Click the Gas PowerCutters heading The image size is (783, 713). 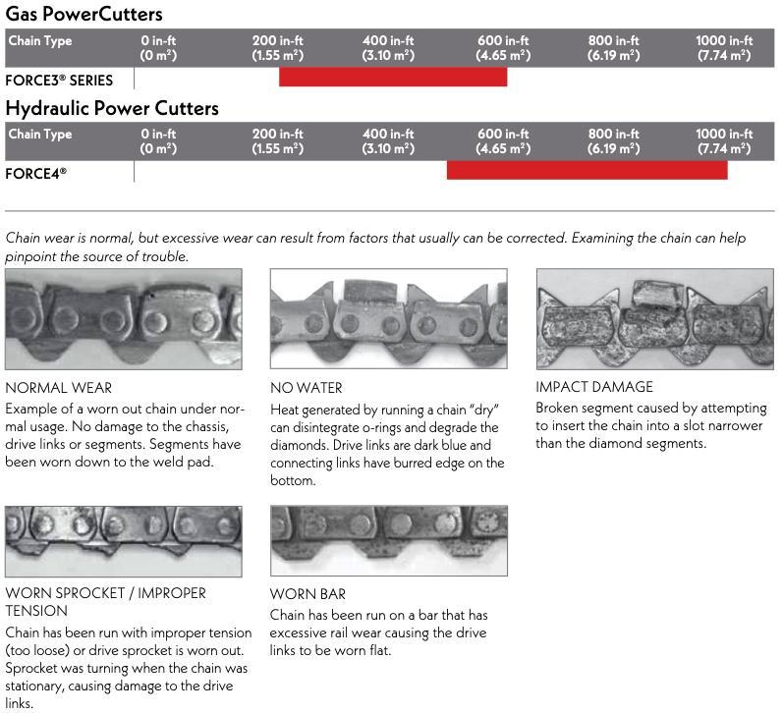[x=84, y=14]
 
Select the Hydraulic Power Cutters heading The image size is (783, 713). [x=112, y=107]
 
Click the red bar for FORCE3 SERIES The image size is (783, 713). [x=393, y=78]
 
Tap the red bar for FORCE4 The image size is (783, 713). [x=587, y=171]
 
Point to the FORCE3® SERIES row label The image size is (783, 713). [x=59, y=80]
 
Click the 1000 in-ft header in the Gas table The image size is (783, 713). [x=724, y=47]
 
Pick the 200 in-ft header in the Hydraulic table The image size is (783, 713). [x=277, y=140]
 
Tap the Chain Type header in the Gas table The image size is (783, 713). [x=40, y=41]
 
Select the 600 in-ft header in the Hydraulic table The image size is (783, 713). [x=503, y=140]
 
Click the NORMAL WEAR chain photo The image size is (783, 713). [x=124, y=319]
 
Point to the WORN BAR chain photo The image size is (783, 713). [x=389, y=540]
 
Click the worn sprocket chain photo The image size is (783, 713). [x=124, y=540]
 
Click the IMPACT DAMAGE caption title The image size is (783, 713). [x=594, y=387]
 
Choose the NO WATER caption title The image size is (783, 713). [x=307, y=388]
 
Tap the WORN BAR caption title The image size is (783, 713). [x=308, y=594]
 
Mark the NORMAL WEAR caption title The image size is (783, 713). [x=59, y=388]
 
